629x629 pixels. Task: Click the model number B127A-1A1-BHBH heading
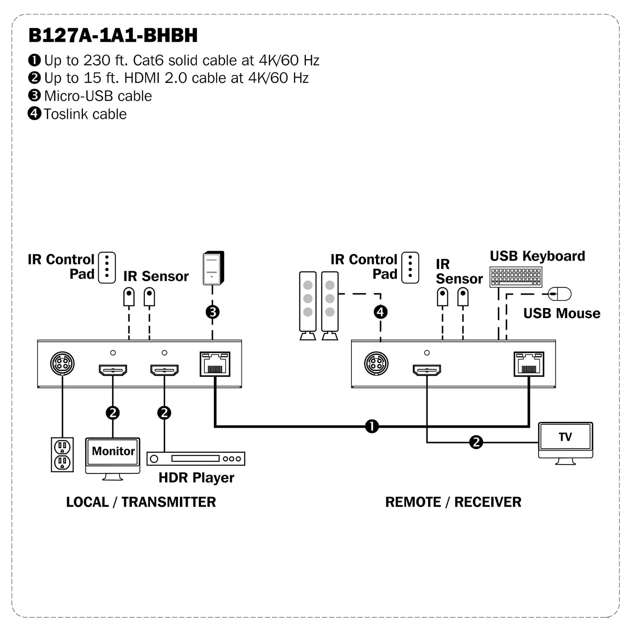pyautogui.click(x=113, y=35)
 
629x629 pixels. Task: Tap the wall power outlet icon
pyautogui.click(x=62, y=454)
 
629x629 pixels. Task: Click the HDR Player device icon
pyautogui.click(x=196, y=458)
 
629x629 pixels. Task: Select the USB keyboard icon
pyautogui.click(x=516, y=277)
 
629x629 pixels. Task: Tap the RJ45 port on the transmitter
pyautogui.click(x=215, y=364)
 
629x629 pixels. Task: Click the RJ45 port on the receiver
pyautogui.click(x=529, y=364)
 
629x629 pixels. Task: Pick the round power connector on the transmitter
pyautogui.click(x=62, y=363)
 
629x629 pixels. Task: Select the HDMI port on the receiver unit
pyautogui.click(x=427, y=370)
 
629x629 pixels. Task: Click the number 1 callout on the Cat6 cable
pyautogui.click(x=372, y=426)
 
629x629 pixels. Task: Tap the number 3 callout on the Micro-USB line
pyautogui.click(x=213, y=312)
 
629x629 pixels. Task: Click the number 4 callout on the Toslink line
pyautogui.click(x=380, y=312)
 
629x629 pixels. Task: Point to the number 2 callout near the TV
pyautogui.click(x=476, y=442)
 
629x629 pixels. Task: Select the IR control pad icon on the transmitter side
pyautogui.click(x=107, y=268)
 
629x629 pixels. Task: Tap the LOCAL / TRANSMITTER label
pyautogui.click(x=141, y=502)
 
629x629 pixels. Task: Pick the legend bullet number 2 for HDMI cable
pyautogui.click(x=34, y=78)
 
